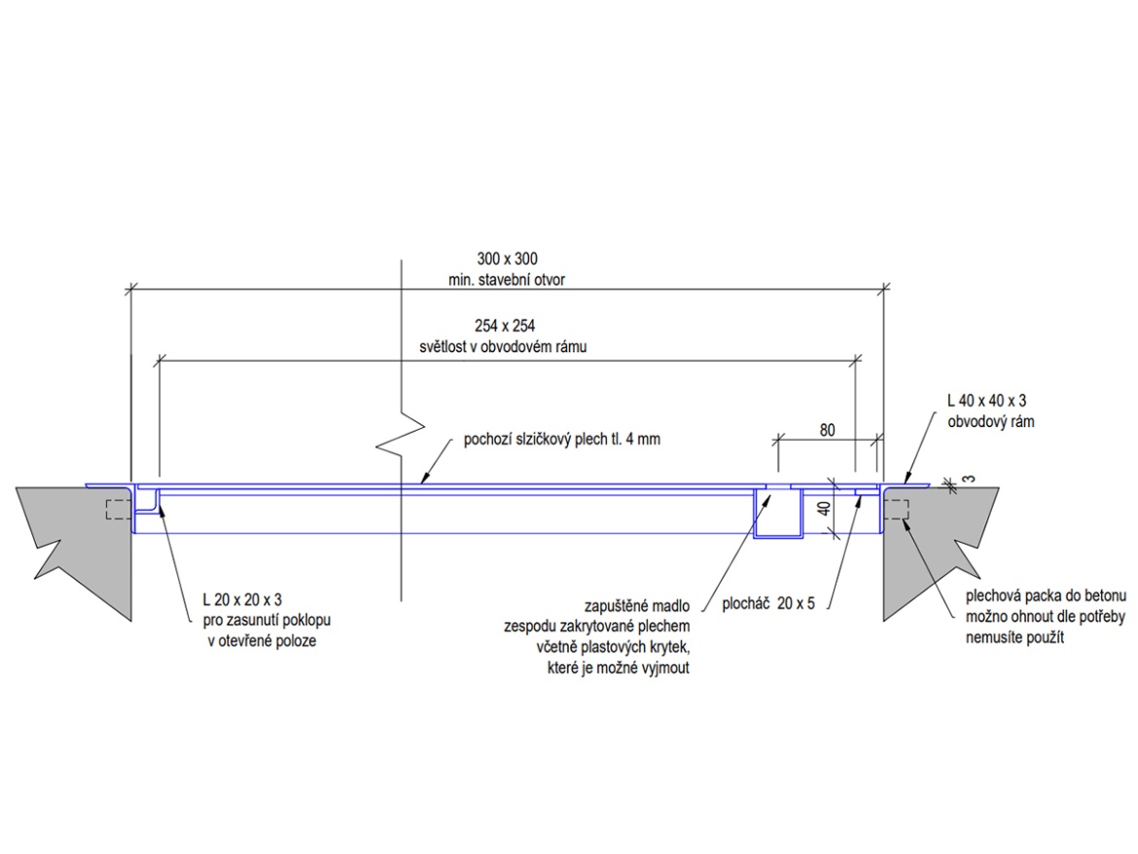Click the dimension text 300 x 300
[507, 260]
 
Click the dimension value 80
[828, 428]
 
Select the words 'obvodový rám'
[989, 422]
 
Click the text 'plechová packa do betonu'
[1046, 595]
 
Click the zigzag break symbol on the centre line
[401, 439]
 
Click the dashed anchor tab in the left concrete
[115, 509]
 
